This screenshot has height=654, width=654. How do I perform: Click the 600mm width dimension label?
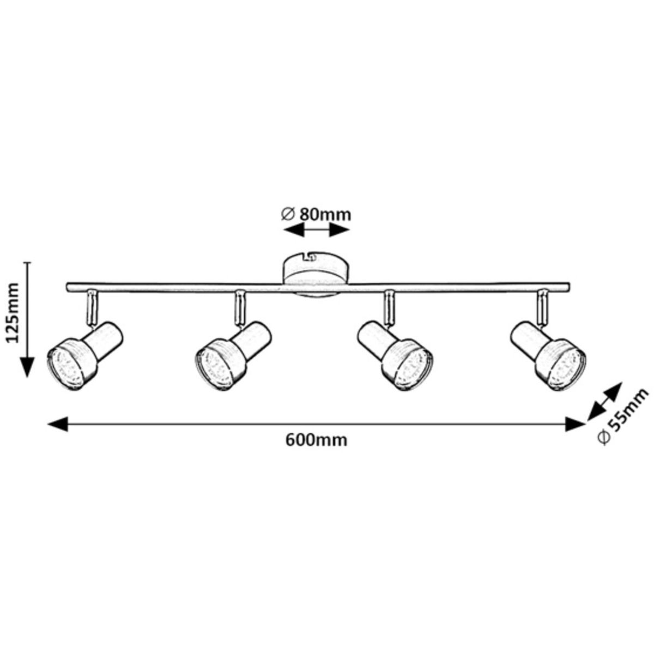click(316, 440)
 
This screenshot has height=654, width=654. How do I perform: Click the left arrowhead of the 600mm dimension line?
click(57, 424)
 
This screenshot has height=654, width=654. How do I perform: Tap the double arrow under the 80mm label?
click(316, 231)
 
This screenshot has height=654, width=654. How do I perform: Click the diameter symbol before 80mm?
click(289, 214)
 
